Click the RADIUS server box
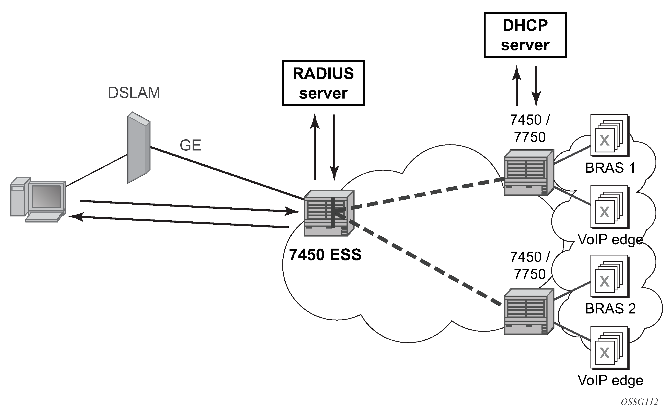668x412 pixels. click(x=323, y=83)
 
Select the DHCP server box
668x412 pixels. click(x=525, y=35)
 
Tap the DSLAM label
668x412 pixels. click(x=134, y=93)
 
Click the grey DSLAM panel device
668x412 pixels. click(x=139, y=147)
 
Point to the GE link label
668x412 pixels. click(x=190, y=145)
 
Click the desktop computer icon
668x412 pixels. click(x=38, y=200)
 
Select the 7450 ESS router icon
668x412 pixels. click(x=329, y=213)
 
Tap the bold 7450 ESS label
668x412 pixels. click(x=325, y=254)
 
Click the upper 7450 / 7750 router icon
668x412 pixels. click(x=529, y=172)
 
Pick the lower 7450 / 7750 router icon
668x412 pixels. click(x=529, y=312)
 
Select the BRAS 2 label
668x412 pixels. click(x=610, y=309)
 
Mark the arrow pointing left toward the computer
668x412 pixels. click(x=179, y=222)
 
